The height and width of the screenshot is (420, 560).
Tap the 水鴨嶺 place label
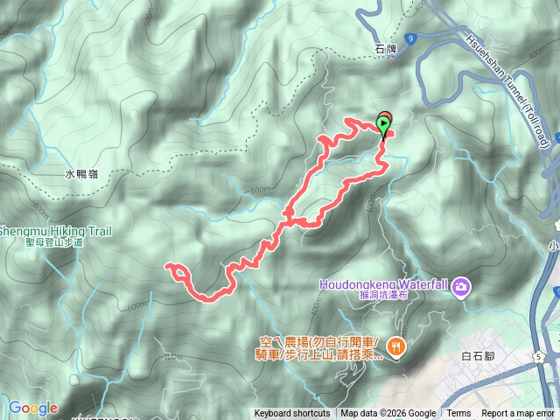[x=80, y=174]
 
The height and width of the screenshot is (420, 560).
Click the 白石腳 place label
[x=478, y=356]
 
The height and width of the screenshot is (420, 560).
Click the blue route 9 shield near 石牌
[x=410, y=38]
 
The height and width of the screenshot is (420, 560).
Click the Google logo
[x=32, y=408]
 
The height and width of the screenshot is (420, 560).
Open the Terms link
[x=458, y=414]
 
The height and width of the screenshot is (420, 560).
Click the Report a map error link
[x=519, y=414]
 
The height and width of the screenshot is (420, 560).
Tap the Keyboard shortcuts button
[x=292, y=414]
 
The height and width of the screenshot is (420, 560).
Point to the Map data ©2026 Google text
[x=388, y=414]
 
